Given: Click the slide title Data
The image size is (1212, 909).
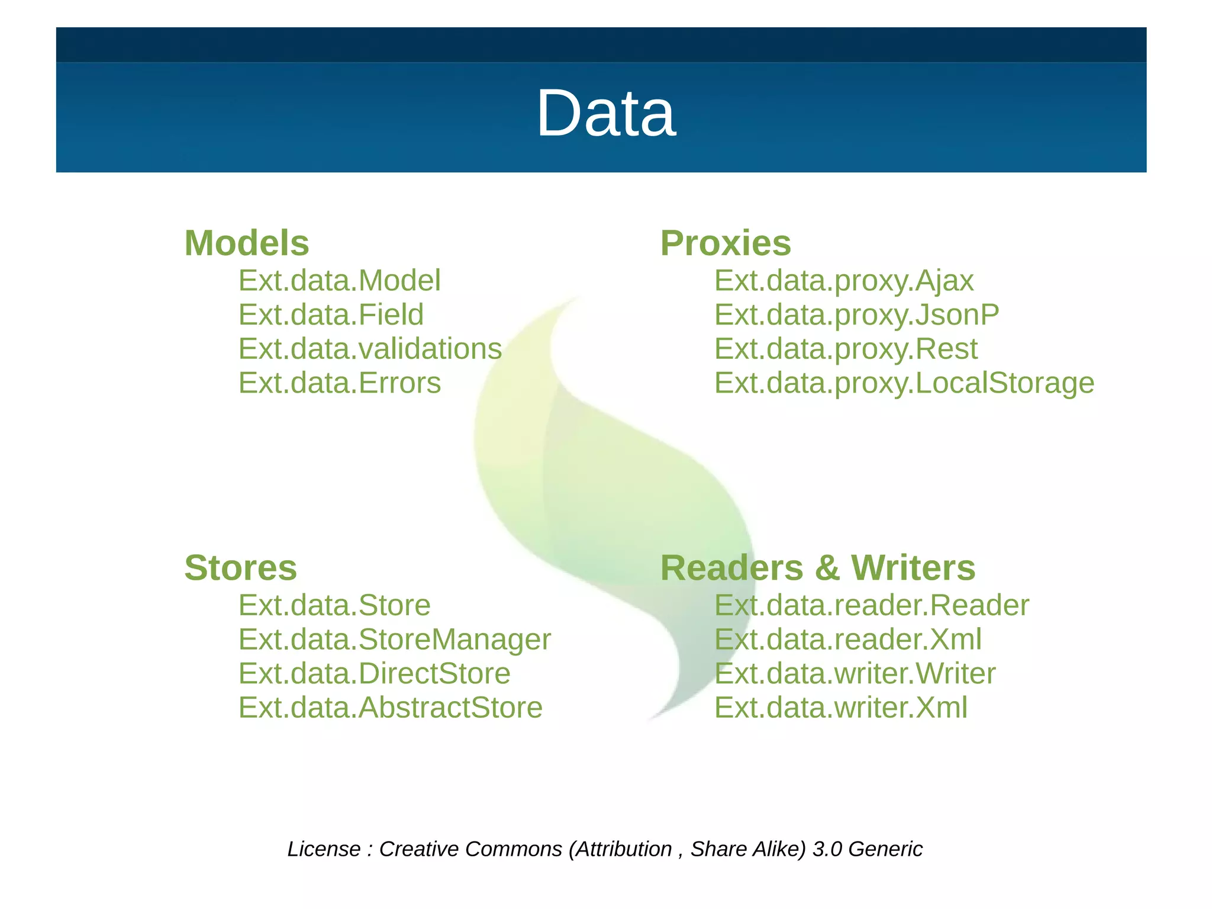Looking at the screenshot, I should [605, 113].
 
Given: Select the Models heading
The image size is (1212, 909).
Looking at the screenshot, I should [247, 243].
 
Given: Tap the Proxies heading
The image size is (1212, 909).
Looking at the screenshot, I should [726, 243].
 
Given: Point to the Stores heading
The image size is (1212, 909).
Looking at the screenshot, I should [240, 568].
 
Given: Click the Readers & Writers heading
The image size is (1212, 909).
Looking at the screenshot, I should [818, 568].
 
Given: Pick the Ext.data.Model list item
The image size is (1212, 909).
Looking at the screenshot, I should [340, 281].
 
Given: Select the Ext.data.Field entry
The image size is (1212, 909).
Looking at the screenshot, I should [331, 314].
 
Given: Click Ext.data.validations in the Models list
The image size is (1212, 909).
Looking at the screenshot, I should [370, 349].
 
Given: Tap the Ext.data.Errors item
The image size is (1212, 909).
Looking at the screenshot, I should [340, 383].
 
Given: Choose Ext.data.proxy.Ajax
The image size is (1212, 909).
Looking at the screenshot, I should [844, 281].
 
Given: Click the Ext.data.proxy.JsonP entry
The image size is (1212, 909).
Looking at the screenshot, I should [856, 314].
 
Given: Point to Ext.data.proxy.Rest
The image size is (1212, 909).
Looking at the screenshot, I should [846, 349].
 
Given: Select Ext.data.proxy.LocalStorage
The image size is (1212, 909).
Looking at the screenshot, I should [904, 383].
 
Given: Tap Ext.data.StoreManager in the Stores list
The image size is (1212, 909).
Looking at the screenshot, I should [395, 640].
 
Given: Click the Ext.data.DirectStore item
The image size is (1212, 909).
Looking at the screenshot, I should [374, 674].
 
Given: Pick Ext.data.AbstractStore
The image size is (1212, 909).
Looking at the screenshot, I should [391, 708].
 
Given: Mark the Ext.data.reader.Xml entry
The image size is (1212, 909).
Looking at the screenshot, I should [848, 640].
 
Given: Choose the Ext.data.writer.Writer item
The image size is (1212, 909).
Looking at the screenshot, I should [855, 674].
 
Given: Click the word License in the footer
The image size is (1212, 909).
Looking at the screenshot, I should [324, 849].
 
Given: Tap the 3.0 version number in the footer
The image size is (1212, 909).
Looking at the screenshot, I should [827, 849].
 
